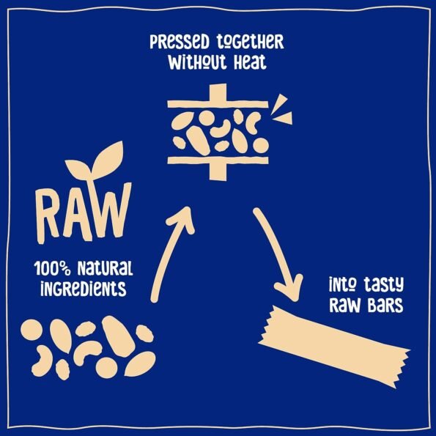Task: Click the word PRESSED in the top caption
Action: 179,42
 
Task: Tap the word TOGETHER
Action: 250,43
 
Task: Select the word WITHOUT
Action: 197,62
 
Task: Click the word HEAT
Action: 250,62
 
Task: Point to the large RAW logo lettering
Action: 84,213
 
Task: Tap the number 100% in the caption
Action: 52,268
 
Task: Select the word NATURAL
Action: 105,268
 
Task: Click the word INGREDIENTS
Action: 84,289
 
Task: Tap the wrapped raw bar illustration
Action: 334,347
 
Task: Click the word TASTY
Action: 384,284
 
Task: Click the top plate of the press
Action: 218,104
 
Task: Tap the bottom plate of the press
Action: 218,160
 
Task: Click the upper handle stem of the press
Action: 218,92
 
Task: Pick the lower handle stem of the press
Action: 218,172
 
